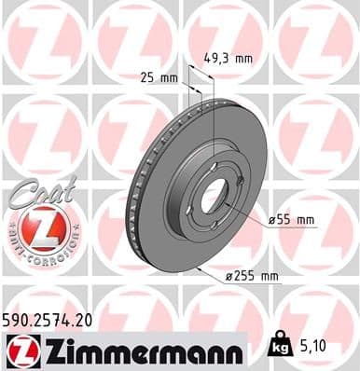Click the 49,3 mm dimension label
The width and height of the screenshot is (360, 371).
(x=228, y=58)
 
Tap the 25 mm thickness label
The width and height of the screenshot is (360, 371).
(x=163, y=77)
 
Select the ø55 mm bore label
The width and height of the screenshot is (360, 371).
(x=292, y=219)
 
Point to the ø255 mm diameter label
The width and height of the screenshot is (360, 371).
(x=252, y=277)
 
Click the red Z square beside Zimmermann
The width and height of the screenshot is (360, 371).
(x=21, y=350)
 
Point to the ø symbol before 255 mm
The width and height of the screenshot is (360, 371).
(x=228, y=277)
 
